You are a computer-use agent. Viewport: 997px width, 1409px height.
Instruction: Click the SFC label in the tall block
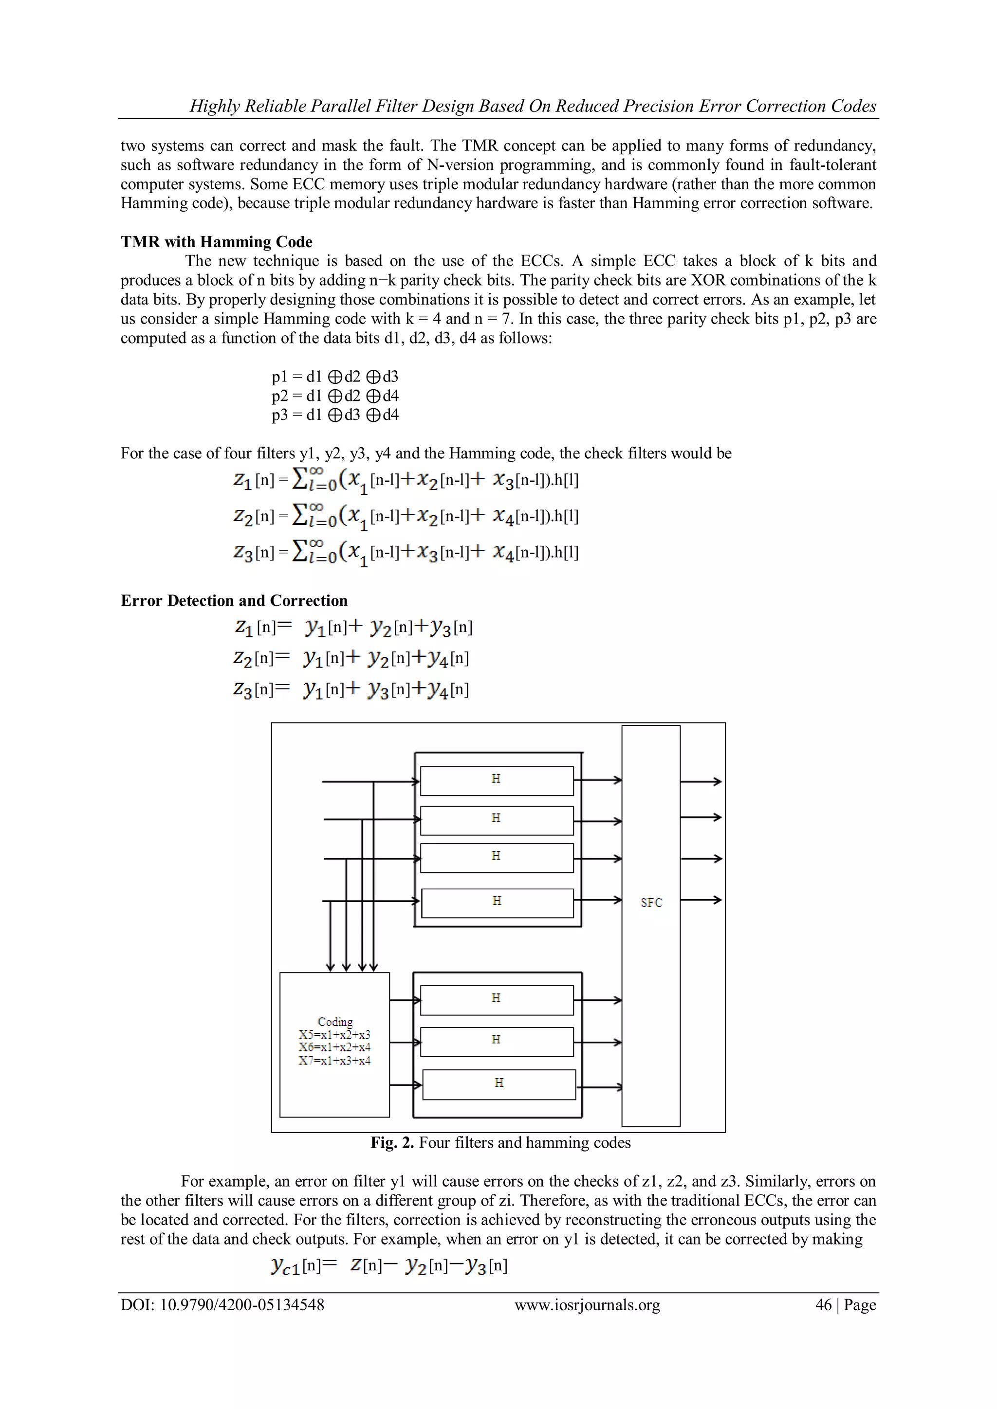tap(651, 903)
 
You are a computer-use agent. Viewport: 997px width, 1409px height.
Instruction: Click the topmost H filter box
tap(497, 780)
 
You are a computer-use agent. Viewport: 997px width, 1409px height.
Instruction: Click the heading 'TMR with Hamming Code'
tap(216, 242)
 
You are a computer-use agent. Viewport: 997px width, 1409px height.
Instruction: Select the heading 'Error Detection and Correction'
tap(234, 600)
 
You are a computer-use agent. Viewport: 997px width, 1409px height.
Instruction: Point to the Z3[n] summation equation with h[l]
tap(405, 552)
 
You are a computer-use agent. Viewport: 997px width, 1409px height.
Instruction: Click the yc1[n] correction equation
tap(388, 1266)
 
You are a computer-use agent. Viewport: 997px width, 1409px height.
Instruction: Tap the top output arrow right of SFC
tap(701, 781)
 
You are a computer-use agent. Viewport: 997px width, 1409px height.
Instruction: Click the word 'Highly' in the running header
tap(214, 106)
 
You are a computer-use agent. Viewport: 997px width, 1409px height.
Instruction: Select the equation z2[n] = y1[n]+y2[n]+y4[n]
tap(351, 658)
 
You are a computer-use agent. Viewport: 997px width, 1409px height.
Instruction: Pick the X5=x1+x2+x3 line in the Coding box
tap(334, 1034)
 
